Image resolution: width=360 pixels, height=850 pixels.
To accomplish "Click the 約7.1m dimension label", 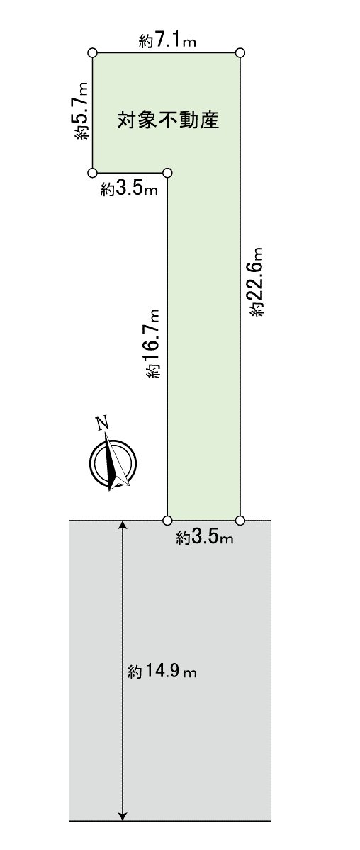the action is (x=167, y=40).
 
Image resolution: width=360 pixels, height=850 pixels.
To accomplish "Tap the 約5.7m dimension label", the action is (x=82, y=110).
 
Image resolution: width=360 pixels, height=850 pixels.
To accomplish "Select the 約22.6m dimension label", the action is (x=257, y=281).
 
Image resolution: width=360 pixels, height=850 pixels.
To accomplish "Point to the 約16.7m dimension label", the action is (x=152, y=344).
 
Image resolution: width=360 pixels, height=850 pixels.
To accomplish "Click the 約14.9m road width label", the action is (x=162, y=671).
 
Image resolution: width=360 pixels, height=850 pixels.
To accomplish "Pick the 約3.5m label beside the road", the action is (x=204, y=538).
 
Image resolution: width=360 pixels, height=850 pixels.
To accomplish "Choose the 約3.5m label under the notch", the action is (x=129, y=188).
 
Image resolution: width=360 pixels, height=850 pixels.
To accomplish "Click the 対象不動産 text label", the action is (x=168, y=120).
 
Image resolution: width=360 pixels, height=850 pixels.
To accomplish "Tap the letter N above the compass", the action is (x=102, y=423).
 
